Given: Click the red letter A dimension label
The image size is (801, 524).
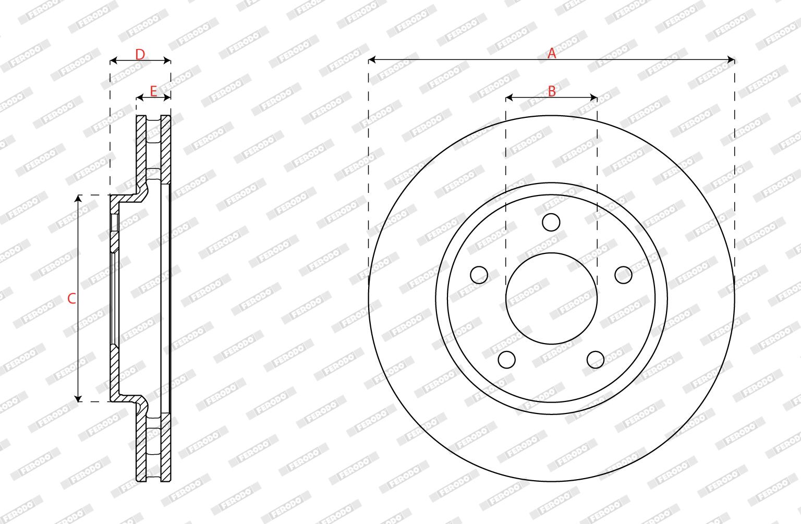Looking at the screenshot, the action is click(552, 53).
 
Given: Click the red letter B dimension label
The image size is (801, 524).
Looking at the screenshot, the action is click(552, 91).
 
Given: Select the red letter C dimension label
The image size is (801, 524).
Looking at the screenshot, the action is click(71, 298).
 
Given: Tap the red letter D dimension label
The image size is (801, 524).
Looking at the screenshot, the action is click(140, 55).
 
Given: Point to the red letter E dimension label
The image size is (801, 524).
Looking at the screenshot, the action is click(153, 91).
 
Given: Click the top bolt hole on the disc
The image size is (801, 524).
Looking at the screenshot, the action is click(551, 222).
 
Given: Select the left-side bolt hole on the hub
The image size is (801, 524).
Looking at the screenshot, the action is click(479, 275).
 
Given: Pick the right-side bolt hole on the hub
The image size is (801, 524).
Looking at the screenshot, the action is click(623, 275).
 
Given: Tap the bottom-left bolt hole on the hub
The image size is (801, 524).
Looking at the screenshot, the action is click(507, 360).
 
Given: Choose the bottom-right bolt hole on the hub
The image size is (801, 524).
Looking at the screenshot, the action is click(596, 360).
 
